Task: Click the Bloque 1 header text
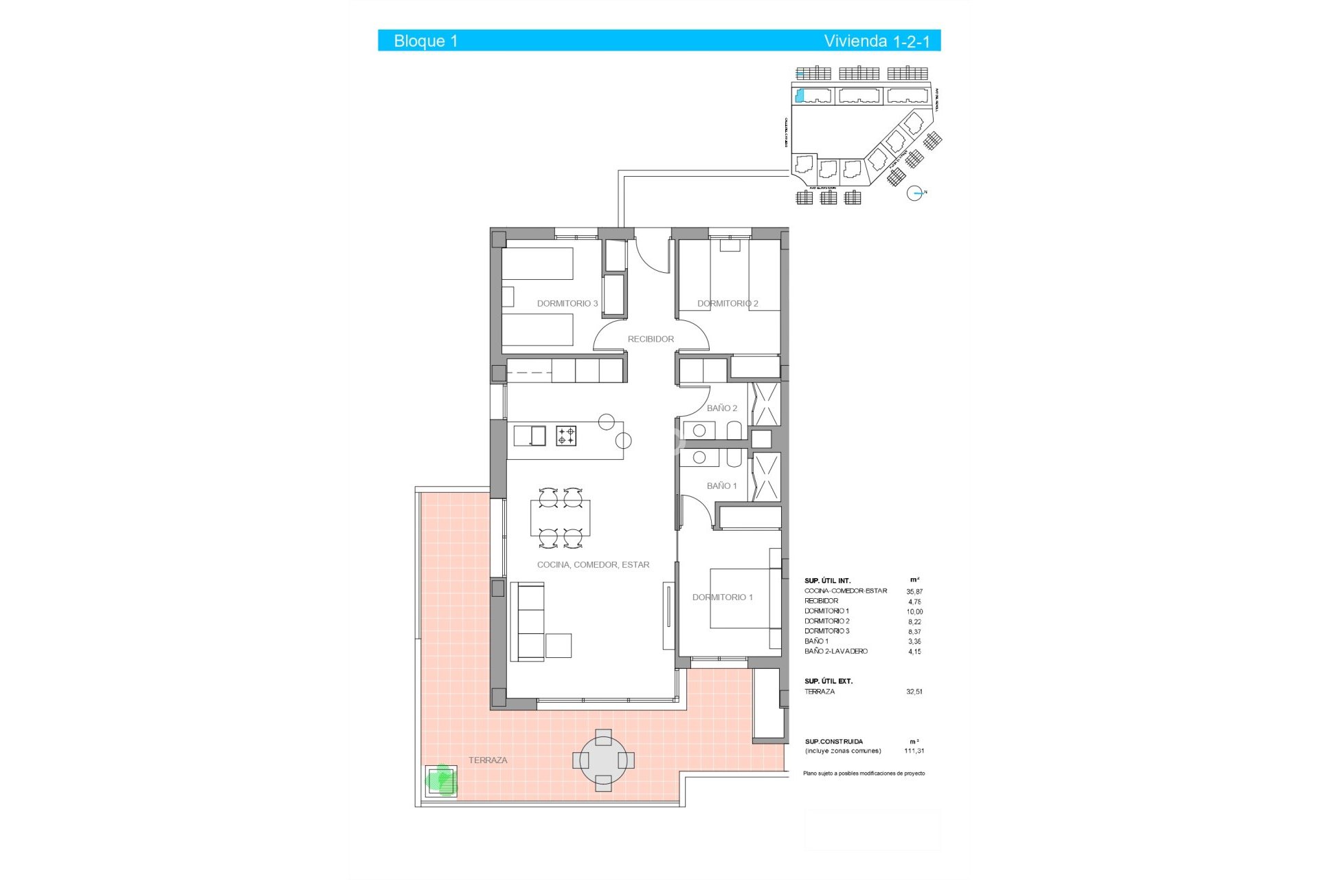425,41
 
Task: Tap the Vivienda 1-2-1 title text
877,41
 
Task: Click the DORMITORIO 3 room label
567,303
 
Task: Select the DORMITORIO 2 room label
728,303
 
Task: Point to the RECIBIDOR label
651,339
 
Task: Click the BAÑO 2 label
722,408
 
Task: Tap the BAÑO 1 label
721,486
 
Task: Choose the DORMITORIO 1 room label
722,597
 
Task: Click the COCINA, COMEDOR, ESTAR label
593,565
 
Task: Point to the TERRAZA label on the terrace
488,760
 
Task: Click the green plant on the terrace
441,780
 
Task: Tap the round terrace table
603,760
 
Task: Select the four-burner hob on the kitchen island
566,436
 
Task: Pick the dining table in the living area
560,518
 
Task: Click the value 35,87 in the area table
914,591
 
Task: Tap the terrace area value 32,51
914,692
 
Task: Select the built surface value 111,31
914,751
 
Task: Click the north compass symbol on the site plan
915,194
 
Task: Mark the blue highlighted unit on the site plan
799,96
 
